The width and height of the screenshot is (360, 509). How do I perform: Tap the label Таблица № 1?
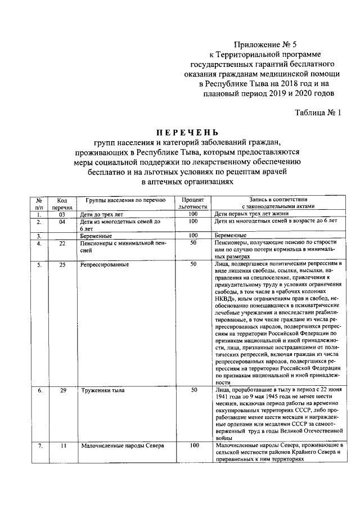click(318, 112)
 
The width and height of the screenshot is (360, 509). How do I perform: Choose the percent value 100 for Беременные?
click(193, 236)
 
